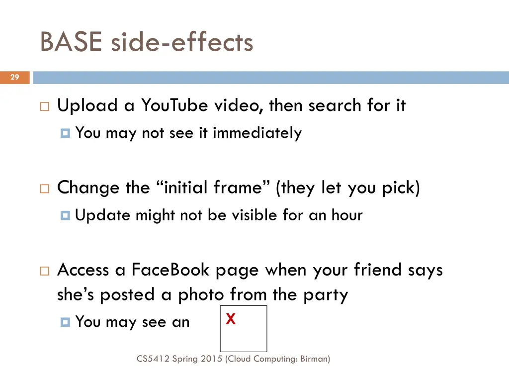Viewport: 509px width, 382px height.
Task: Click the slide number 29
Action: pyautogui.click(x=14, y=77)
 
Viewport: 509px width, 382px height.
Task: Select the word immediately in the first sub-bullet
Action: pyautogui.click(x=257, y=133)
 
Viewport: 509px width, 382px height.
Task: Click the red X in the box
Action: pyautogui.click(x=230, y=319)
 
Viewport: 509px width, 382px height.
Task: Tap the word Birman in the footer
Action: pyautogui.click(x=313, y=358)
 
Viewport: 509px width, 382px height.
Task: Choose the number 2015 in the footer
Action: pyautogui.click(x=211, y=358)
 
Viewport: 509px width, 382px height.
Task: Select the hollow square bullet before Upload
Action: pyautogui.click(x=44, y=106)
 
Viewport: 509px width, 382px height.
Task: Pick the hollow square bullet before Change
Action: pyautogui.click(x=44, y=189)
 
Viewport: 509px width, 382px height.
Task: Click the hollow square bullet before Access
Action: pyautogui.click(x=44, y=271)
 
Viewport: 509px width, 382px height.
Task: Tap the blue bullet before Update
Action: pyautogui.click(x=65, y=216)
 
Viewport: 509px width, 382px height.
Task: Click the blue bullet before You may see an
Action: pyautogui.click(x=65, y=322)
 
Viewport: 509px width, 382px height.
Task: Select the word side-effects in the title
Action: pyautogui.click(x=182, y=42)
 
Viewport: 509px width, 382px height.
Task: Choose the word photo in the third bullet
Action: pyautogui.click(x=201, y=295)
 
